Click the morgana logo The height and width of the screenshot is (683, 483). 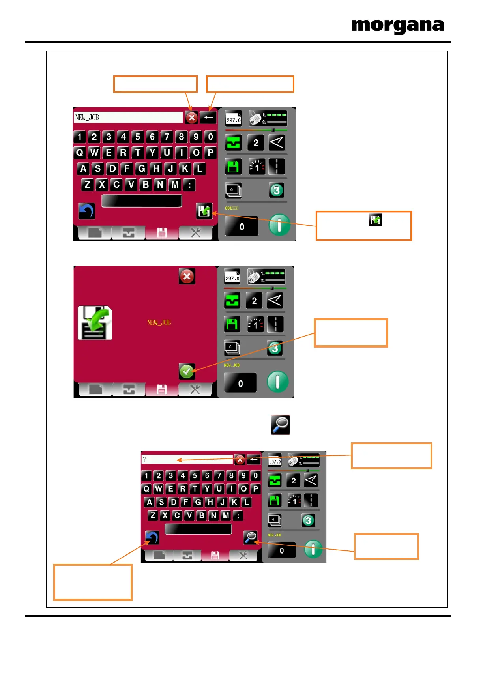[397, 26]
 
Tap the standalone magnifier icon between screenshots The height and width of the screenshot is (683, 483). [280, 425]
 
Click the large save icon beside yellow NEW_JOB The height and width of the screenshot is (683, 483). [95, 323]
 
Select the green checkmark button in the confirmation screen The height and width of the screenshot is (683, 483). [187, 371]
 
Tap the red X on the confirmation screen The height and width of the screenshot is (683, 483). [187, 276]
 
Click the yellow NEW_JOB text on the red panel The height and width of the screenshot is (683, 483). [159, 323]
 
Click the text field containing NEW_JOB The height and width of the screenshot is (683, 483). [128, 117]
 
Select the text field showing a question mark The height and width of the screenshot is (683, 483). [187, 459]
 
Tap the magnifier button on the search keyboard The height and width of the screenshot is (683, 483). [250, 537]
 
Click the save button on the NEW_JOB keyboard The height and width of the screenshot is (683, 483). [204, 211]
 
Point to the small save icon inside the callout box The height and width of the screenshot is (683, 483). [375, 220]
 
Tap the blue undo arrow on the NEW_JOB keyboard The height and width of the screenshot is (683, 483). [86, 211]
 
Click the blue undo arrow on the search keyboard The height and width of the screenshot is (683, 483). [152, 537]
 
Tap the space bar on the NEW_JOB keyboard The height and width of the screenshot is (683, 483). [142, 201]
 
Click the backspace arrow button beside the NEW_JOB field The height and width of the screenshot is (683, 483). [208, 117]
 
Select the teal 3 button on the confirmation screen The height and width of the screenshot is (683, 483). [275, 348]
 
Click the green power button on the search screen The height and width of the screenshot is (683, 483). [313, 549]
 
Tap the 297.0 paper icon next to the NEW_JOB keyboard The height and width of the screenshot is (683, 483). [233, 118]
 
